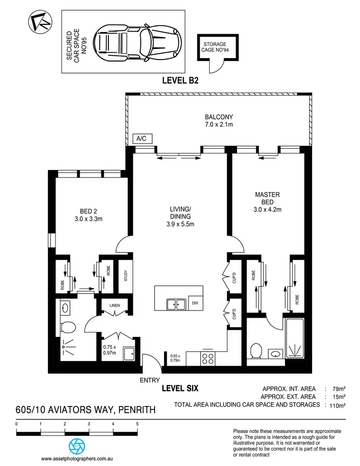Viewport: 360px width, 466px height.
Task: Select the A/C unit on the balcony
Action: tap(143, 139)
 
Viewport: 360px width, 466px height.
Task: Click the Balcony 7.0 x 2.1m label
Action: tap(219, 120)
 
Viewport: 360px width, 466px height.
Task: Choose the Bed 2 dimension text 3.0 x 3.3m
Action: tap(88, 219)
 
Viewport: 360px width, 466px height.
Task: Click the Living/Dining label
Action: tap(180, 215)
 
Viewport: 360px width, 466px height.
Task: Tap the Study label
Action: tap(125, 276)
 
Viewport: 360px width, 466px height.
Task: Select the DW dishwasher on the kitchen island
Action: tap(194, 303)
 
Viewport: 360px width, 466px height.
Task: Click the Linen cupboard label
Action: tap(114, 305)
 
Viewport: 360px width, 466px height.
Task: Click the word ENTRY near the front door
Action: tap(149, 380)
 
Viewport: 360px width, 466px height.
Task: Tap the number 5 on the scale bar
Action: tap(137, 423)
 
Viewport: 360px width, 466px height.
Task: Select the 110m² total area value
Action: tap(337, 406)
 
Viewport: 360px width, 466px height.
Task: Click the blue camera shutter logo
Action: tap(76, 445)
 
